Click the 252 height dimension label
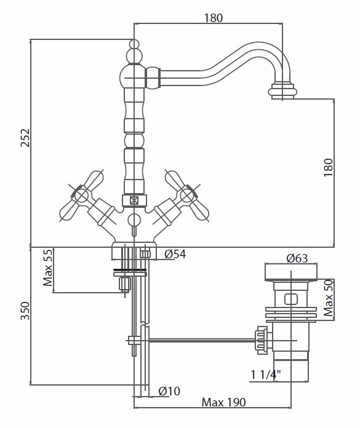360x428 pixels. click(25, 138)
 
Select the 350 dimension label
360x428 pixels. click(25, 311)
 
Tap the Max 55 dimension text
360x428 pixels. click(47, 267)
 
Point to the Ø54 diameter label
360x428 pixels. click(175, 254)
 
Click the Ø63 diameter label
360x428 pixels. click(297, 258)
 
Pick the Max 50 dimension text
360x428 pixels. click(329, 298)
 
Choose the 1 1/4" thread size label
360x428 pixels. click(265, 374)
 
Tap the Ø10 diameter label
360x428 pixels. click(169, 391)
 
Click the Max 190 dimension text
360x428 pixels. click(224, 402)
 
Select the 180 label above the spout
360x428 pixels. click(214, 18)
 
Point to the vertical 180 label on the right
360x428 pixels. click(329, 167)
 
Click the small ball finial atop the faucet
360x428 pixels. click(134, 44)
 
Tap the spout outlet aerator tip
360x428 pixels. click(282, 90)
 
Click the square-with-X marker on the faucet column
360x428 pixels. click(134, 200)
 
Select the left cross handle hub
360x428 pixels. click(81, 196)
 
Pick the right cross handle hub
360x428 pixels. click(187, 196)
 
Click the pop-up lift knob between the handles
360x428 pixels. click(134, 220)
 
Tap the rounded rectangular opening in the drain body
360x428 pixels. click(291, 299)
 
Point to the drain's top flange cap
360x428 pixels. click(291, 272)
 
